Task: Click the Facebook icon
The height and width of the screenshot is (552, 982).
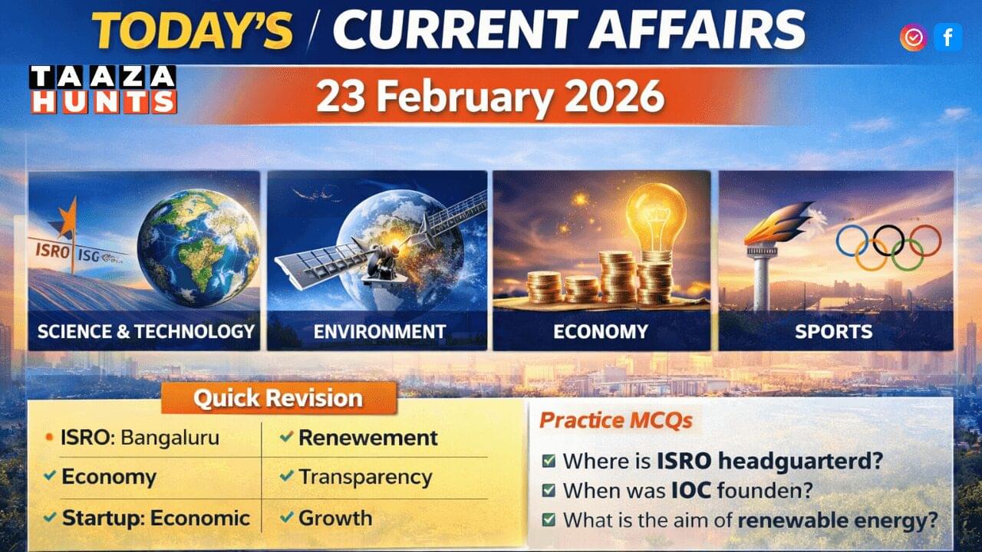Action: pos(947,37)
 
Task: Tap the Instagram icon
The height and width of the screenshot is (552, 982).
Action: pos(913,37)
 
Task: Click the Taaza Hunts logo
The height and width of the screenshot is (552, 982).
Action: pos(104,90)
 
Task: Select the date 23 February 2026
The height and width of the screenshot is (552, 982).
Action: pos(490,97)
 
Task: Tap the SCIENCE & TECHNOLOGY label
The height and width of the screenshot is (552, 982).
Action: pos(146,331)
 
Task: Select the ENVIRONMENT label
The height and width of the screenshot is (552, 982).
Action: pos(379,332)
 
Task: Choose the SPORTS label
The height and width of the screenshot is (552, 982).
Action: pos(833,332)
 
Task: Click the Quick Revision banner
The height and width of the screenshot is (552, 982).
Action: pos(278,398)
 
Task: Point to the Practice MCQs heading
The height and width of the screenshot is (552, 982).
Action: pos(615,420)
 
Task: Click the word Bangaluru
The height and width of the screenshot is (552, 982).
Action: pos(170,438)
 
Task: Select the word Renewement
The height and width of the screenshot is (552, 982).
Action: pos(367,438)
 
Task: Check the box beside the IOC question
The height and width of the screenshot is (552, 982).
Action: pos(549,491)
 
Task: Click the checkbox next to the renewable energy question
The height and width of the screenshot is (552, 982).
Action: pos(549,520)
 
